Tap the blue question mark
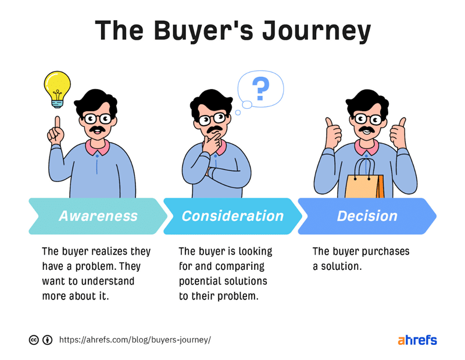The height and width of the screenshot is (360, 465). pyautogui.click(x=261, y=89)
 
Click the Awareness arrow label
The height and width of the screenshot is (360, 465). pyautogui.click(x=98, y=216)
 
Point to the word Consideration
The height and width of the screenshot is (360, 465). pyautogui.click(x=233, y=216)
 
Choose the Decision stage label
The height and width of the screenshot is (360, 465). pyautogui.click(x=367, y=216)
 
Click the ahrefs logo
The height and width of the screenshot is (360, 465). pyautogui.click(x=417, y=340)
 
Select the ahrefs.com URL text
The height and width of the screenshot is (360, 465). pyautogui.click(x=135, y=340)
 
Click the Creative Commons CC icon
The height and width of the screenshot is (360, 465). pyautogui.click(x=34, y=340)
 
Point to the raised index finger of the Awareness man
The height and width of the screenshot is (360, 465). pyautogui.click(x=57, y=123)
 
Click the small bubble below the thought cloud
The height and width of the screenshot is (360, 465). pyautogui.click(x=238, y=112)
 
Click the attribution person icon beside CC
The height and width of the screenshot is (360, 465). pyautogui.click(x=48, y=340)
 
